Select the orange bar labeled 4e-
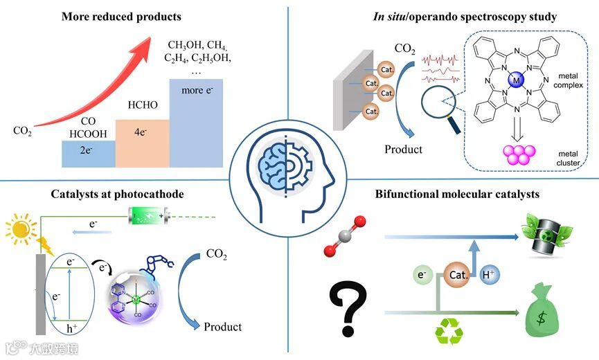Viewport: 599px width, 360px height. (x=142, y=143)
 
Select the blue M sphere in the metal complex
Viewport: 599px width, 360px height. (x=516, y=82)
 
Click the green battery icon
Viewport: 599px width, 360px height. (x=147, y=215)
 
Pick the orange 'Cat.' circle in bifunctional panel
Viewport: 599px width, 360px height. (x=456, y=275)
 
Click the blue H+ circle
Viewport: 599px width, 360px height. (x=488, y=275)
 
